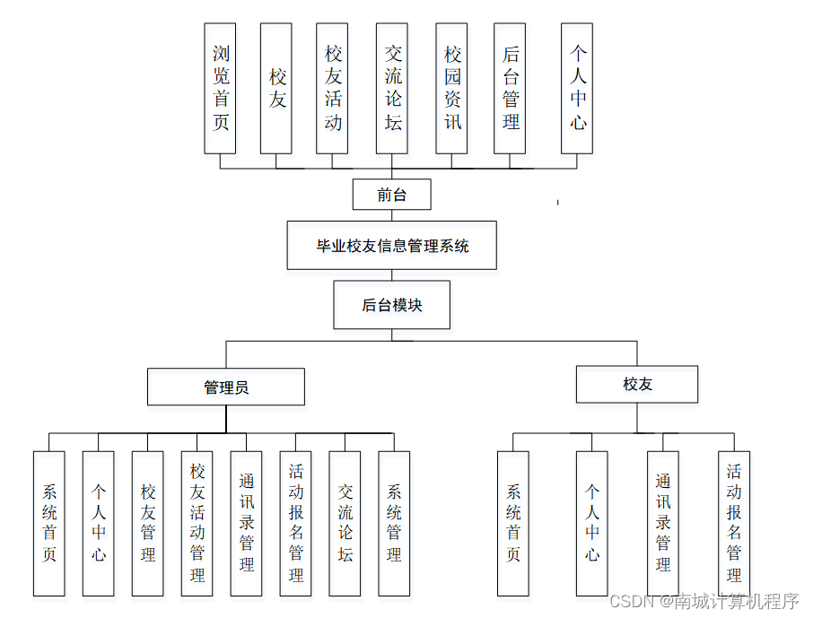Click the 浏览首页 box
tap(220, 88)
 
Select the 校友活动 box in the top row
tap(333, 88)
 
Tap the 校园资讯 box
tap(452, 88)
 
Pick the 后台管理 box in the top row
tap(510, 88)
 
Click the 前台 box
tap(391, 195)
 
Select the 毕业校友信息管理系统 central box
tap(391, 245)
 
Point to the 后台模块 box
tap(391, 305)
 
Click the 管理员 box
tap(226, 387)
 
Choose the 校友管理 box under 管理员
tap(147, 524)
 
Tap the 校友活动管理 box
tap(197, 524)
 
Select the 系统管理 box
tap(394, 524)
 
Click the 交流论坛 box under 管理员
tap(345, 524)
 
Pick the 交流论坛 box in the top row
tap(393, 88)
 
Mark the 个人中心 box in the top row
tap(577, 88)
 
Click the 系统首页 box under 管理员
tap(49, 524)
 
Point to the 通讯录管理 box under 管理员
tap(246, 524)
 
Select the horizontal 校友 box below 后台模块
tap(637, 385)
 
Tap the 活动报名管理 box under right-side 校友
tap(734, 524)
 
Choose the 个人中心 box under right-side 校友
tap(591, 524)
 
